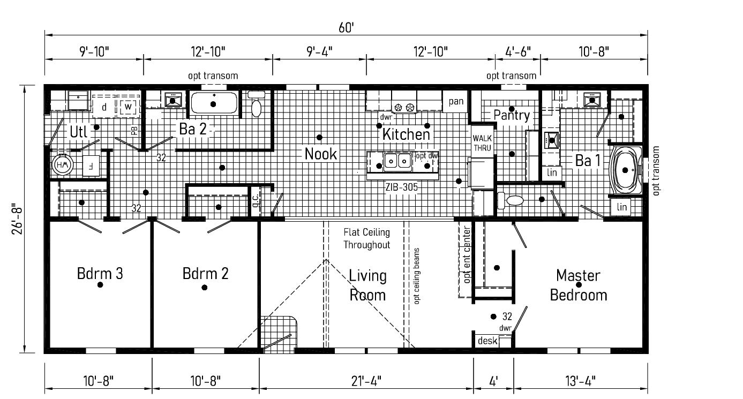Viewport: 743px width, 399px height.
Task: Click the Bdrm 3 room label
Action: coord(100,274)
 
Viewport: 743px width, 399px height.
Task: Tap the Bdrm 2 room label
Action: coord(205,274)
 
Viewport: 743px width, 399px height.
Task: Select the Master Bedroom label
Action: coord(578,285)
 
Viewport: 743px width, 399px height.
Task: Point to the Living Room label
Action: coord(367,285)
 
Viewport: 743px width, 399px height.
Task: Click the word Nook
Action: coord(321,154)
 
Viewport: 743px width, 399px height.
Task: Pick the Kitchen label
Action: coord(406,134)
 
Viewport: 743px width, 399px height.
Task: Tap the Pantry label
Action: coord(512,115)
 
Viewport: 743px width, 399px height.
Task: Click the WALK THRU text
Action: coord(482,143)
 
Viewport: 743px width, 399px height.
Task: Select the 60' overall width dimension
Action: coord(346,27)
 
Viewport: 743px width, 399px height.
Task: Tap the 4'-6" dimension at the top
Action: coord(518,51)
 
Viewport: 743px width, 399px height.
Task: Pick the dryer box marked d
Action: coord(104,107)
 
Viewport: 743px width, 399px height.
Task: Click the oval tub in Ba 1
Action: coord(625,170)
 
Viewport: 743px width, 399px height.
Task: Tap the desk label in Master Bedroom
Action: coord(487,341)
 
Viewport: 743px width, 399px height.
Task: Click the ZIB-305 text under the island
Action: coord(402,187)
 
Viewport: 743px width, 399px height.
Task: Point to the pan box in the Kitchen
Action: coord(456,101)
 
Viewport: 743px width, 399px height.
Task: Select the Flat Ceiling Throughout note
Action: coord(367,239)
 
